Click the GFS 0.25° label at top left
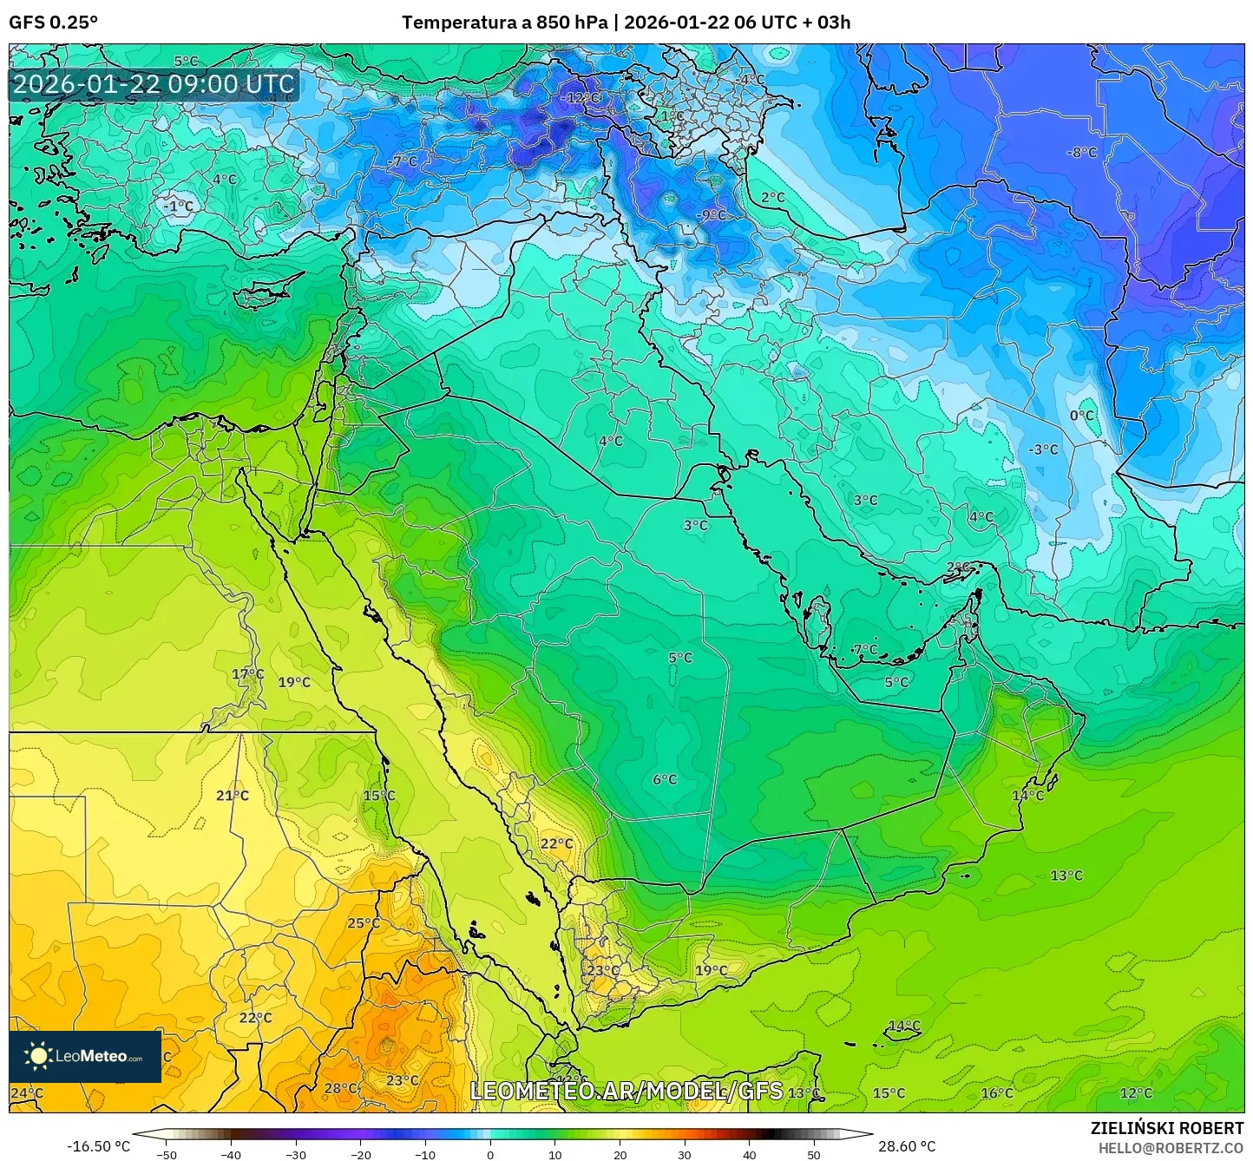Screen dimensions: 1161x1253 pyautogui.click(x=54, y=23)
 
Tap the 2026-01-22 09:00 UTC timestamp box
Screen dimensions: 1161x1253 pyautogui.click(x=154, y=84)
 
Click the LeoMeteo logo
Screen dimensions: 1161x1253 pyautogui.click(x=85, y=1056)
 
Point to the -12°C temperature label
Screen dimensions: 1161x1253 pyautogui.click(x=579, y=97)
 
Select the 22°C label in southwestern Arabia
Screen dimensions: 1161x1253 pyautogui.click(x=556, y=843)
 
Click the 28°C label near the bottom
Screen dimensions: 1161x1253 pyautogui.click(x=340, y=1088)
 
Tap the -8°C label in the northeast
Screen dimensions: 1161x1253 pyautogui.click(x=1081, y=153)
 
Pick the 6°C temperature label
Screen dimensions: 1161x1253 pyautogui.click(x=665, y=780)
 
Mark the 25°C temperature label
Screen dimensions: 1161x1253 pyautogui.click(x=364, y=923)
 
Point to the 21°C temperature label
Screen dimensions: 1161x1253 pyautogui.click(x=233, y=796)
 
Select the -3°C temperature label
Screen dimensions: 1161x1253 pyautogui.click(x=1043, y=449)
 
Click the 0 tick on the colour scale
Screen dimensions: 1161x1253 pyautogui.click(x=490, y=1154)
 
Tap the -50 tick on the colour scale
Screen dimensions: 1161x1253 pyautogui.click(x=166, y=1154)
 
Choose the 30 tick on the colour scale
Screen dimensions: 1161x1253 pyautogui.click(x=685, y=1154)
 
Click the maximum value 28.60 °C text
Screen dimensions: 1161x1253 pyautogui.click(x=907, y=1146)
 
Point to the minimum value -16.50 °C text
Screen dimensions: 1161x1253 pyautogui.click(x=98, y=1146)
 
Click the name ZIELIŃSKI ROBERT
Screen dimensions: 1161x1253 pyautogui.click(x=1167, y=1128)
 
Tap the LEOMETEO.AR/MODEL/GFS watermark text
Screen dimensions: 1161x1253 pyautogui.click(x=626, y=1091)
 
